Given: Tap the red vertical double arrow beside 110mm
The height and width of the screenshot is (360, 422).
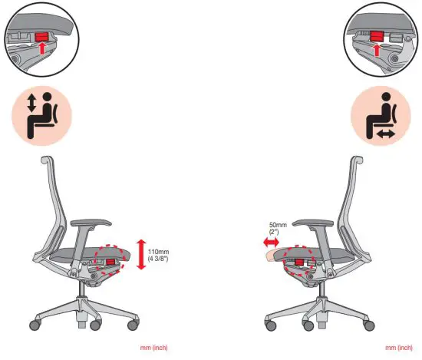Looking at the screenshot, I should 140,254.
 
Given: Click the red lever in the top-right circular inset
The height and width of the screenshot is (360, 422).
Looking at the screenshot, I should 375,35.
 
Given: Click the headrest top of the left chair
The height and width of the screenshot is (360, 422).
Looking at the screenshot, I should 47,160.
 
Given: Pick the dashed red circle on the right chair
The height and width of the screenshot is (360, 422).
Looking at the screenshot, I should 299,260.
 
